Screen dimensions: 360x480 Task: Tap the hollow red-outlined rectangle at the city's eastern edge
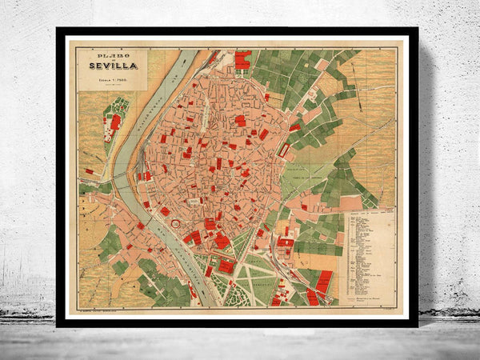[x=284, y=150]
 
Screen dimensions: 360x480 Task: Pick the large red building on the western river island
[x=115, y=122]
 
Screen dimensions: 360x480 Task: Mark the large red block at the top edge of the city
[x=242, y=59]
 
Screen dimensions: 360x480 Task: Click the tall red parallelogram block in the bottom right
[x=324, y=281]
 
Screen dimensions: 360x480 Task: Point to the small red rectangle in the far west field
[x=90, y=171]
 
